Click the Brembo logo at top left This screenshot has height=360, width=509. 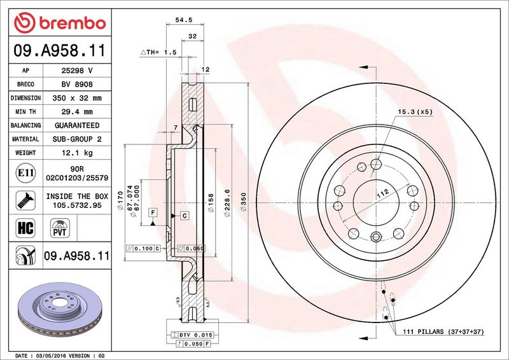(60, 23)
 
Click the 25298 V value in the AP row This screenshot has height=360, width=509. (77, 71)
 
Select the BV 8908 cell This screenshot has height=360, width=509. (77, 85)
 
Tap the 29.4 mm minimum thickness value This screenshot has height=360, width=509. (77, 112)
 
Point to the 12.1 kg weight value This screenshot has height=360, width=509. (77, 153)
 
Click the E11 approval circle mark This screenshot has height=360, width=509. (25, 173)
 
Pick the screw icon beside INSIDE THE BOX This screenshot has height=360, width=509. (25, 200)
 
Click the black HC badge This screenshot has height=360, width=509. (25, 228)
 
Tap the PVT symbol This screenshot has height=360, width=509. (60, 228)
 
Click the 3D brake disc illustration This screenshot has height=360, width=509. (60, 310)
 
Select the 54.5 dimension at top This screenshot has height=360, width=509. (184, 20)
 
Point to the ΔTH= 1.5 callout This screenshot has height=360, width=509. (158, 52)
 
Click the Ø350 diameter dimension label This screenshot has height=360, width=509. (244, 202)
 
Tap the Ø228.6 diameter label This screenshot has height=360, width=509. (227, 203)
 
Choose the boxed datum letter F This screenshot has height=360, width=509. (153, 213)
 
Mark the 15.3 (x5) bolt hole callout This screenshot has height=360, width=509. (415, 112)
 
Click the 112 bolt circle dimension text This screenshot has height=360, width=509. (383, 194)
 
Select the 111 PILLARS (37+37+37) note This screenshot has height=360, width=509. (443, 331)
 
